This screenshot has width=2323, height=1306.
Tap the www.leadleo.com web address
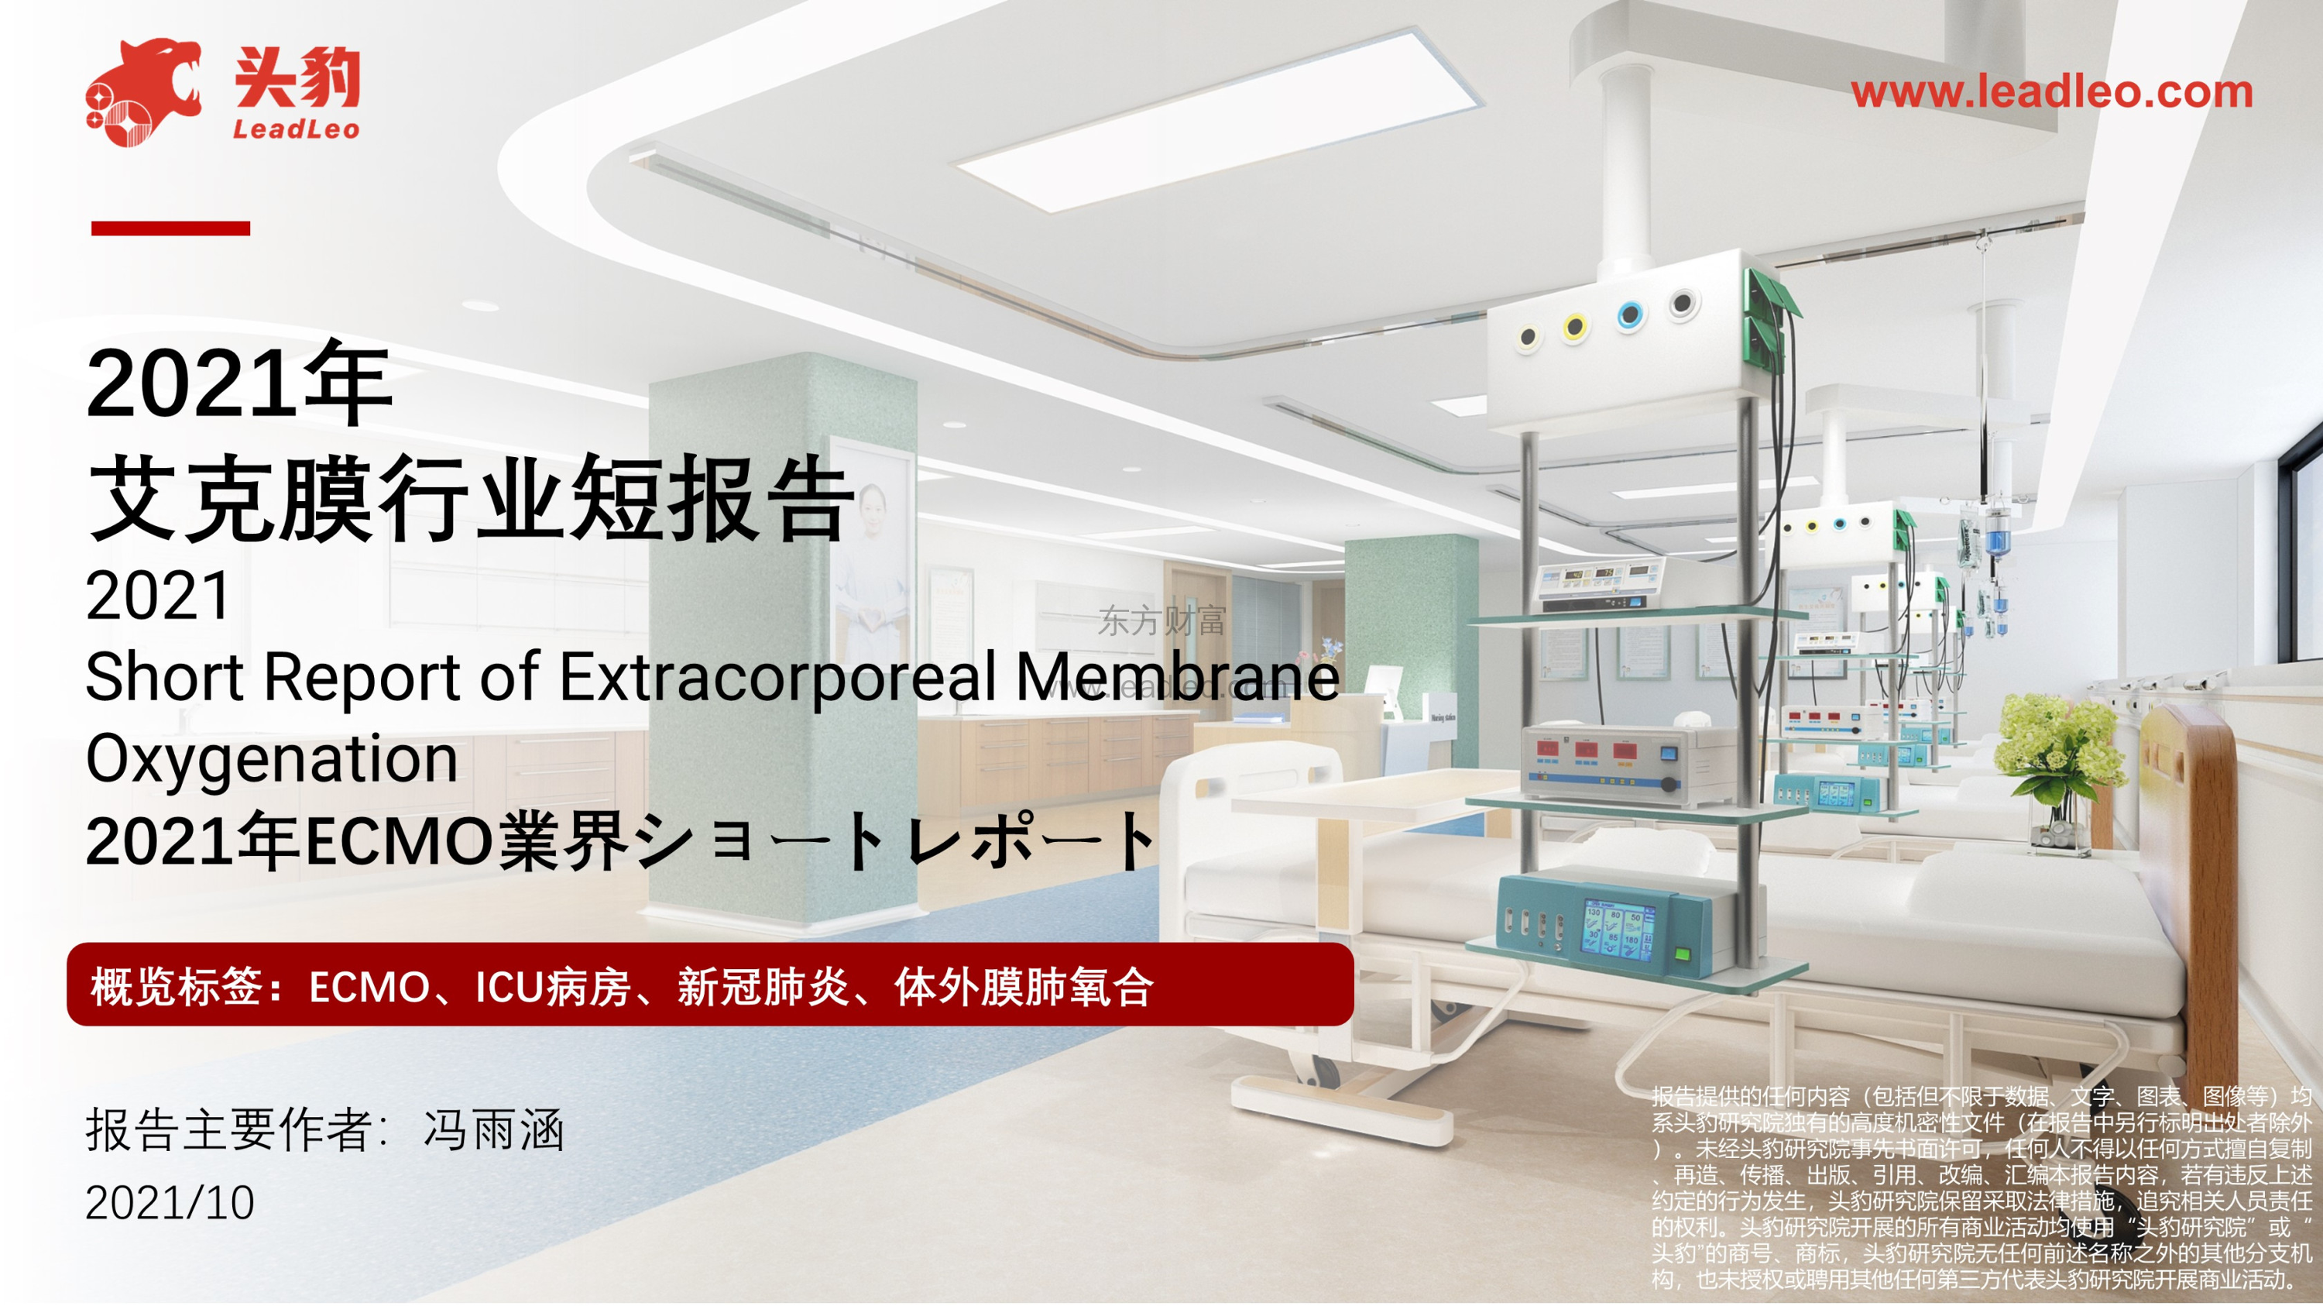(2051, 91)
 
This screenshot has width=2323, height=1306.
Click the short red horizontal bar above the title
(170, 229)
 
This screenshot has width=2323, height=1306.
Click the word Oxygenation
(273, 758)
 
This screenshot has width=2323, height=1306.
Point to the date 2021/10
(170, 1202)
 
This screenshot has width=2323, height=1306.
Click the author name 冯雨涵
(494, 1130)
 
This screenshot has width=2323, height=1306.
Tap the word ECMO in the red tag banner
(369, 987)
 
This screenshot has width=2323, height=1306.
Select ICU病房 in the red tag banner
(552, 987)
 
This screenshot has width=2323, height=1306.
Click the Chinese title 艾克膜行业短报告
(470, 498)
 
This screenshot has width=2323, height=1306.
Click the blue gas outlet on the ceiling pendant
(1629, 316)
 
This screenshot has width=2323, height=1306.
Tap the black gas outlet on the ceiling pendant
(1682, 303)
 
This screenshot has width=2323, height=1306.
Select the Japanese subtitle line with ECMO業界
(620, 840)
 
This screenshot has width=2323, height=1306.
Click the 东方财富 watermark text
(1161, 620)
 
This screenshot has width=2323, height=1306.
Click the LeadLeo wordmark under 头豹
(296, 130)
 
